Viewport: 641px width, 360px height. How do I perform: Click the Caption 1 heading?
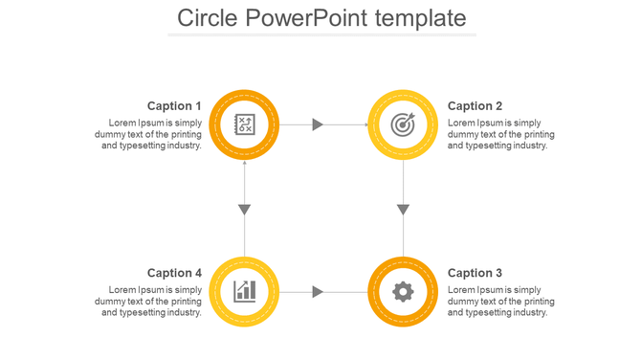pyautogui.click(x=174, y=106)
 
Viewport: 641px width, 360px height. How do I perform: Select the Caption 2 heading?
pyautogui.click(x=475, y=106)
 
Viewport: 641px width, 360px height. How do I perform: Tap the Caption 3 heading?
pyautogui.click(x=475, y=273)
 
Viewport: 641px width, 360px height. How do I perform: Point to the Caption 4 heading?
pyautogui.click(x=174, y=273)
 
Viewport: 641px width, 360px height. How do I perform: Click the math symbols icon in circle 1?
pyautogui.click(x=244, y=124)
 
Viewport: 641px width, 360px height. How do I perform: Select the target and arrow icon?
pyautogui.click(x=403, y=124)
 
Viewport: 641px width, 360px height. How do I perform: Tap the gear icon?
pyautogui.click(x=403, y=291)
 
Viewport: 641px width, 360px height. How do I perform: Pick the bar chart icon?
pyautogui.click(x=244, y=291)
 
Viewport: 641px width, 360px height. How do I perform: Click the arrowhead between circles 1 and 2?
pyautogui.click(x=319, y=124)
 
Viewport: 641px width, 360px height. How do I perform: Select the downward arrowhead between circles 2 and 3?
pyautogui.click(x=403, y=210)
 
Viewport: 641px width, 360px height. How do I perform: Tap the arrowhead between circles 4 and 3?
pyautogui.click(x=319, y=291)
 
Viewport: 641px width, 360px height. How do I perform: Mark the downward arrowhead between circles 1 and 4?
pyautogui.click(x=244, y=210)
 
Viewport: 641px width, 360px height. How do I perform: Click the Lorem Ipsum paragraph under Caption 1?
pyautogui.click(x=150, y=134)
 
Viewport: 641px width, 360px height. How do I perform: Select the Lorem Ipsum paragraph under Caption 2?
pyautogui.click(x=500, y=134)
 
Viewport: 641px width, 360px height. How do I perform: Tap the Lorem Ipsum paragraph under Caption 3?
pyautogui.click(x=500, y=301)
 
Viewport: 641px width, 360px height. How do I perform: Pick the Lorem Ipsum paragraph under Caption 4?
pyautogui.click(x=150, y=301)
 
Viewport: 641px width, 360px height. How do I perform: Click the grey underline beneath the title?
pyautogui.click(x=320, y=34)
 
